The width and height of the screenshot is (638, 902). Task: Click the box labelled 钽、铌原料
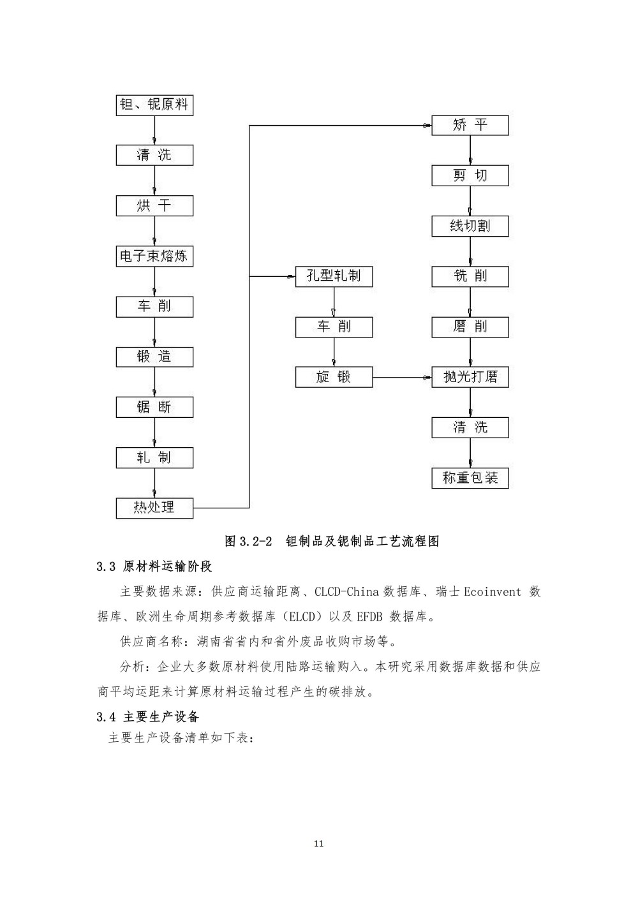(x=154, y=105)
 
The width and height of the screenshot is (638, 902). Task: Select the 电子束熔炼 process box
(x=154, y=256)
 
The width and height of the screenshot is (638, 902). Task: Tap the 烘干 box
(x=154, y=206)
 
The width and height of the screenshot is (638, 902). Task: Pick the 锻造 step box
(x=154, y=357)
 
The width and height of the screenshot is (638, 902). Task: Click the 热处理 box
(x=154, y=508)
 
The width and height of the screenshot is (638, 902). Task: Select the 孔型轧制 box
(x=334, y=276)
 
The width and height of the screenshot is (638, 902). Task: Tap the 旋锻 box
(x=334, y=377)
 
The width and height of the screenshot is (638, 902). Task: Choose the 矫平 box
(x=470, y=125)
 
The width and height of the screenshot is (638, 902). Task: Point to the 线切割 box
(x=470, y=226)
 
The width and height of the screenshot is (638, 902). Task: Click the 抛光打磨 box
(x=470, y=377)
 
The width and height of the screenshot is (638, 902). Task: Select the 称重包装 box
(x=470, y=478)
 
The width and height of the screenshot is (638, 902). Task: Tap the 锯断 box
(x=154, y=407)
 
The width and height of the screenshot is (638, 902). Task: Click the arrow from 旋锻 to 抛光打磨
(x=402, y=378)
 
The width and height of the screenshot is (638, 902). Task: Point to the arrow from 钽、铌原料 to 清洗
(x=154, y=130)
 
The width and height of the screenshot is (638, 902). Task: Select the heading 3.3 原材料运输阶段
(x=154, y=566)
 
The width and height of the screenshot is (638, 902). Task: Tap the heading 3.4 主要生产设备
(x=148, y=717)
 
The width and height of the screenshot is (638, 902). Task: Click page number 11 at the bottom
(x=319, y=844)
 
